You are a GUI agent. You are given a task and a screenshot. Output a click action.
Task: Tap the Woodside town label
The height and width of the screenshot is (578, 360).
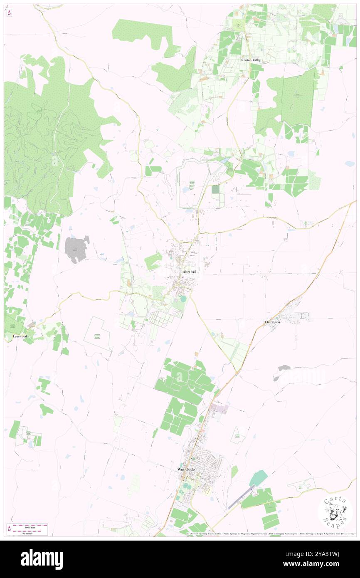(x=186, y=469)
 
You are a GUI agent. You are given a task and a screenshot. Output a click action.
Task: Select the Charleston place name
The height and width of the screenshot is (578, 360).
(x=273, y=322)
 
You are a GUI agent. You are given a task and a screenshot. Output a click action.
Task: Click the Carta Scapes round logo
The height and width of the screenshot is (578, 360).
(x=335, y=512)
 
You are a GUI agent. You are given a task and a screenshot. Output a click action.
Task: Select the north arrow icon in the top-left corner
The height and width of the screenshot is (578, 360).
(x=9, y=12)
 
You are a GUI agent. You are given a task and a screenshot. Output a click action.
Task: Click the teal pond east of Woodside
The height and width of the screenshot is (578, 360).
(x=258, y=478)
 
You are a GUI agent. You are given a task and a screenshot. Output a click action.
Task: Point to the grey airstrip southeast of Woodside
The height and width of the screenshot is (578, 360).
(x=242, y=497)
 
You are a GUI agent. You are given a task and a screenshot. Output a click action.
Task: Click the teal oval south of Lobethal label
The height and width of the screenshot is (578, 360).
(x=183, y=299)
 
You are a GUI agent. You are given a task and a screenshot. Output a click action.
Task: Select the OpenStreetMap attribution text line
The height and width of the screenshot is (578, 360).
(x=270, y=534)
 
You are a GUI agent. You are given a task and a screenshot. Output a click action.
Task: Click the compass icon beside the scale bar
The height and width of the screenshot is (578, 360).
(x=9, y=529)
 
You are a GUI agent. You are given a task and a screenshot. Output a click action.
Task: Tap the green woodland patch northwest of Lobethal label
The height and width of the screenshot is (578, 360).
(x=153, y=261)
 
